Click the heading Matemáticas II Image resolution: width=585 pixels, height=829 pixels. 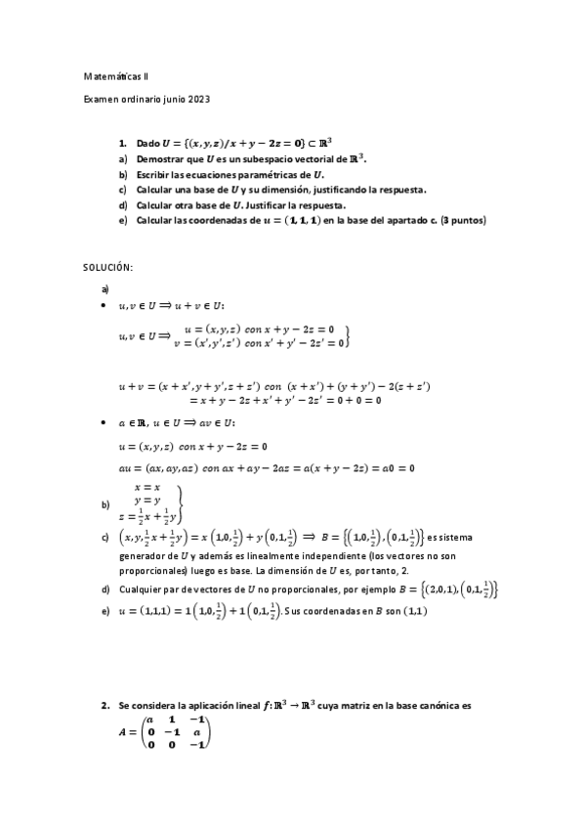pyautogui.click(x=115, y=75)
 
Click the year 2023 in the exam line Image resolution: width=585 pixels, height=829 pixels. pyautogui.click(x=195, y=99)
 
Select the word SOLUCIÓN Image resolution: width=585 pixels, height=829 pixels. pyautogui.click(x=106, y=267)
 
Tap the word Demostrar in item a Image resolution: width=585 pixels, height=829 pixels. pyautogui.click(x=159, y=157)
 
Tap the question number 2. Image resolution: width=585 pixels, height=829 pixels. pyautogui.click(x=104, y=704)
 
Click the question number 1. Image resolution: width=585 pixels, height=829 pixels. pyautogui.click(x=123, y=142)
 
